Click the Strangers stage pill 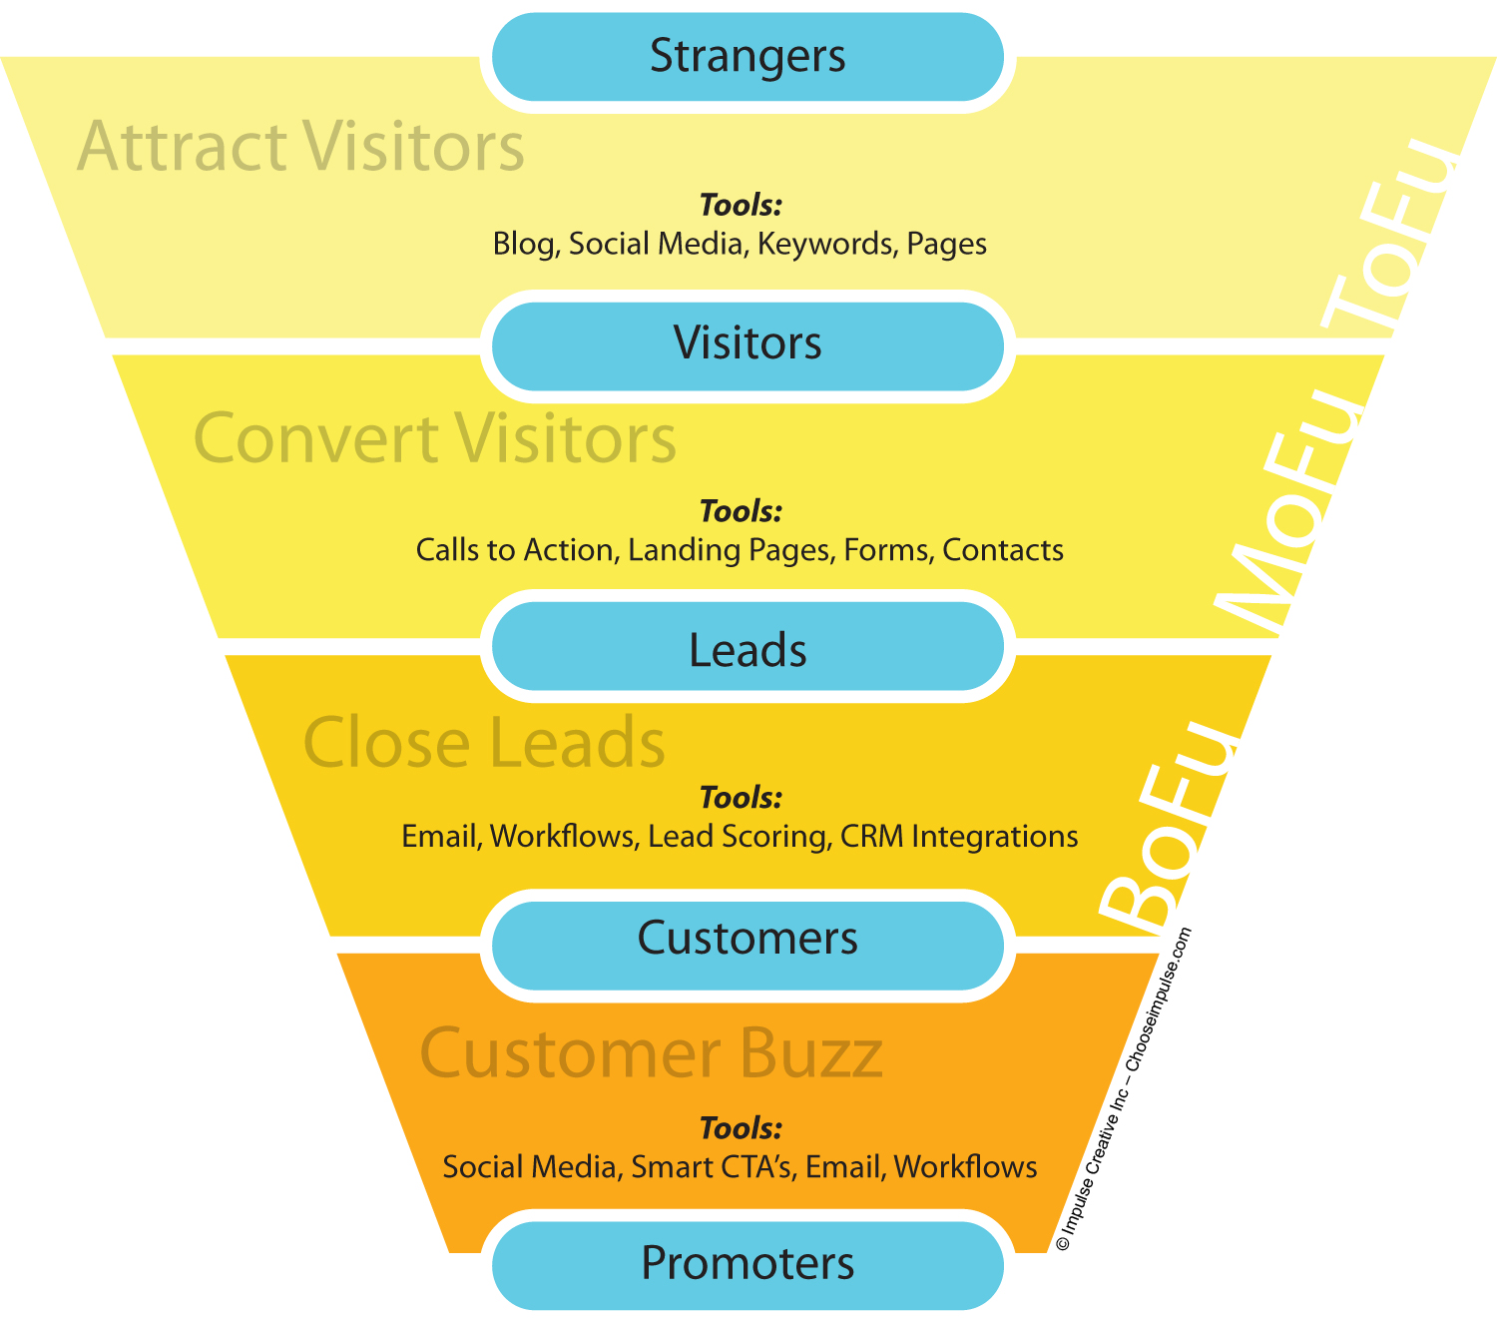[x=748, y=56]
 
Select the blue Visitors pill [x=748, y=343]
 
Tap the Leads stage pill [x=748, y=650]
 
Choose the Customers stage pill [x=748, y=939]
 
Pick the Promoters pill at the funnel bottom [x=748, y=1263]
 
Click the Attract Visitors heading [x=300, y=147]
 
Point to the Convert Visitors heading [x=435, y=438]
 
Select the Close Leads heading [x=484, y=743]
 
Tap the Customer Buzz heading [x=651, y=1053]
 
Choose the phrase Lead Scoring [x=739, y=837]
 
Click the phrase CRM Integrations [x=959, y=837]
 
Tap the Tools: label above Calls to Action [x=740, y=511]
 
